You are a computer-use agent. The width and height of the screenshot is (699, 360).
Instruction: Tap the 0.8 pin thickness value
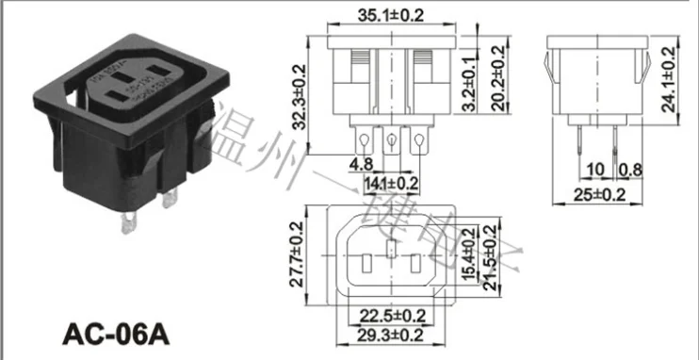click(628, 170)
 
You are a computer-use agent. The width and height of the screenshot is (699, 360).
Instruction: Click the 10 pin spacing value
click(595, 170)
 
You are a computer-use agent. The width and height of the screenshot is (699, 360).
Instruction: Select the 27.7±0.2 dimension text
click(298, 254)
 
